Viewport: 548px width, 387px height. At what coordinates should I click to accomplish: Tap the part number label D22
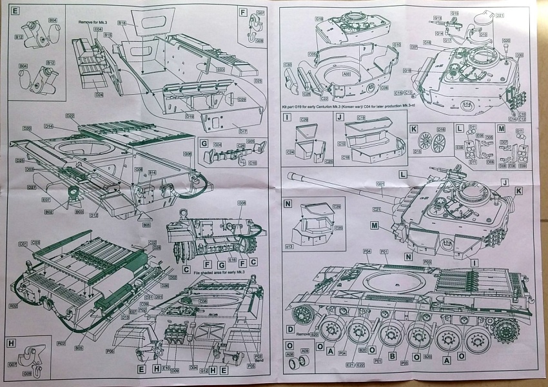[x=70, y=115]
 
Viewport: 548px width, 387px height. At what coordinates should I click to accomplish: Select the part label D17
[x=242, y=131]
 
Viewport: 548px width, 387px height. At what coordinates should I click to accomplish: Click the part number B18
[x=122, y=23]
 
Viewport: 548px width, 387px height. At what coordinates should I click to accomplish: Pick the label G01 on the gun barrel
[x=380, y=184]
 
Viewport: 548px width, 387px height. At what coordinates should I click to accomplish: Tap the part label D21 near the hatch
[x=500, y=15]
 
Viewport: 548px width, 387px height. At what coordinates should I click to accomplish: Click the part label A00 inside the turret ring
[x=346, y=74]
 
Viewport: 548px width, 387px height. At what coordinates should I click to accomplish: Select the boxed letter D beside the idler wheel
[x=290, y=330]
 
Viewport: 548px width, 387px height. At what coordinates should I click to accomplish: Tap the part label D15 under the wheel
[x=418, y=152]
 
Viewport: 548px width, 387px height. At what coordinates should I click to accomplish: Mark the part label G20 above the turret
[x=506, y=40]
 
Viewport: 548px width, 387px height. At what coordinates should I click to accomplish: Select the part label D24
[x=99, y=94]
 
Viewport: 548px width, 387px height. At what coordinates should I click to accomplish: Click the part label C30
[x=287, y=64]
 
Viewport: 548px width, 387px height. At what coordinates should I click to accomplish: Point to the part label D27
[x=32, y=187]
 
